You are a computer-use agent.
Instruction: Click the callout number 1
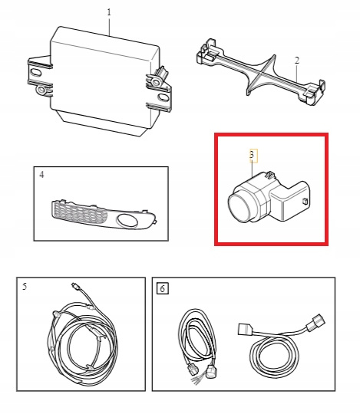click(x=109, y=12)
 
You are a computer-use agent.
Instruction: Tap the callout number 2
click(x=297, y=61)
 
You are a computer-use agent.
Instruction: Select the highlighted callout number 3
click(x=252, y=154)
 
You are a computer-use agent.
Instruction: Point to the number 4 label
click(x=41, y=175)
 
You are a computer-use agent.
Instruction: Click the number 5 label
click(x=25, y=287)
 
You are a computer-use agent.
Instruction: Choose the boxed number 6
click(x=162, y=288)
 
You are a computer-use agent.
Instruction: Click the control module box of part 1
click(x=103, y=79)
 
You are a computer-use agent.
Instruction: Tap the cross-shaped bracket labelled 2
click(x=261, y=72)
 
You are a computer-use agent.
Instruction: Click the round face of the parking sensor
click(x=239, y=207)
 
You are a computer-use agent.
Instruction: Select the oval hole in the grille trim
click(x=127, y=220)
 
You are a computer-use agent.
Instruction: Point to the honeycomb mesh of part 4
click(x=79, y=213)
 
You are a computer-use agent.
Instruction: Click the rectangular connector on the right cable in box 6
click(x=245, y=329)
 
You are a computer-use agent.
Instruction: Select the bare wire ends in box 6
click(x=196, y=381)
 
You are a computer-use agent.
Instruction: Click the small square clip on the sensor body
click(x=305, y=201)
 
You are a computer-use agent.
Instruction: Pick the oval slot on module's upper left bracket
click(x=35, y=72)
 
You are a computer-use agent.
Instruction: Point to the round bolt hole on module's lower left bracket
click(x=41, y=90)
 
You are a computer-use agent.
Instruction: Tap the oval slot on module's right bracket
click(x=163, y=97)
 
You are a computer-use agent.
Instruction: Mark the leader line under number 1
click(x=109, y=26)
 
